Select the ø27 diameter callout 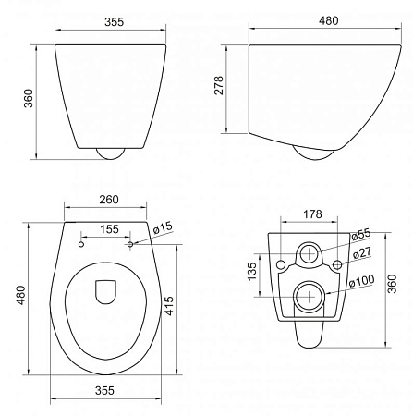(361, 252)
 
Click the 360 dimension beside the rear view (394, 287)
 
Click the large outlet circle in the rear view (308, 297)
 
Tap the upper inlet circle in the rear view (308, 252)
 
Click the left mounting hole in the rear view (281, 266)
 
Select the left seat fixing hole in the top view (81, 246)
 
